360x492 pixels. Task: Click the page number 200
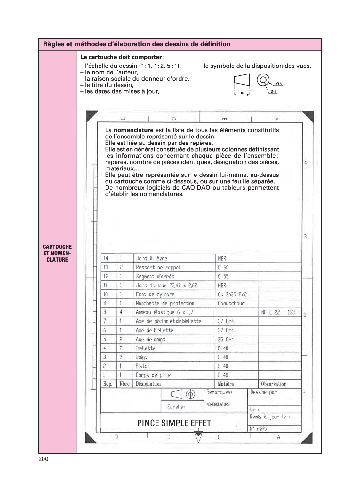(43, 459)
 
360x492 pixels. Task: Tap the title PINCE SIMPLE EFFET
(174, 423)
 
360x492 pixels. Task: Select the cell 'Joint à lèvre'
(151, 258)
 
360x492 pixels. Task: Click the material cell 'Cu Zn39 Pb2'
(232, 294)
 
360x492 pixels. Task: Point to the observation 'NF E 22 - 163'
(278, 312)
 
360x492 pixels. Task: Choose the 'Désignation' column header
(148, 384)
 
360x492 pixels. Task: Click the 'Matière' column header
(226, 384)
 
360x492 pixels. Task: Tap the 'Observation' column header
(274, 384)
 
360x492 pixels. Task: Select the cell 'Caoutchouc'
(231, 303)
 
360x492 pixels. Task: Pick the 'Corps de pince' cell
(153, 375)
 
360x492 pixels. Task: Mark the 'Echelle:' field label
(176, 407)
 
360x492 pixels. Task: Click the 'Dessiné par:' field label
(264, 392)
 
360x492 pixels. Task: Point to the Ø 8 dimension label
(279, 84)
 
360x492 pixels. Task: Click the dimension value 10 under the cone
(242, 93)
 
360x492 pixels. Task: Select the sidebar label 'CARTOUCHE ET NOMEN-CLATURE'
(57, 253)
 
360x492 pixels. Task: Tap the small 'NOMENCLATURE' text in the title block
(218, 404)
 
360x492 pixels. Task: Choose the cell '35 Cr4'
(226, 339)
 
